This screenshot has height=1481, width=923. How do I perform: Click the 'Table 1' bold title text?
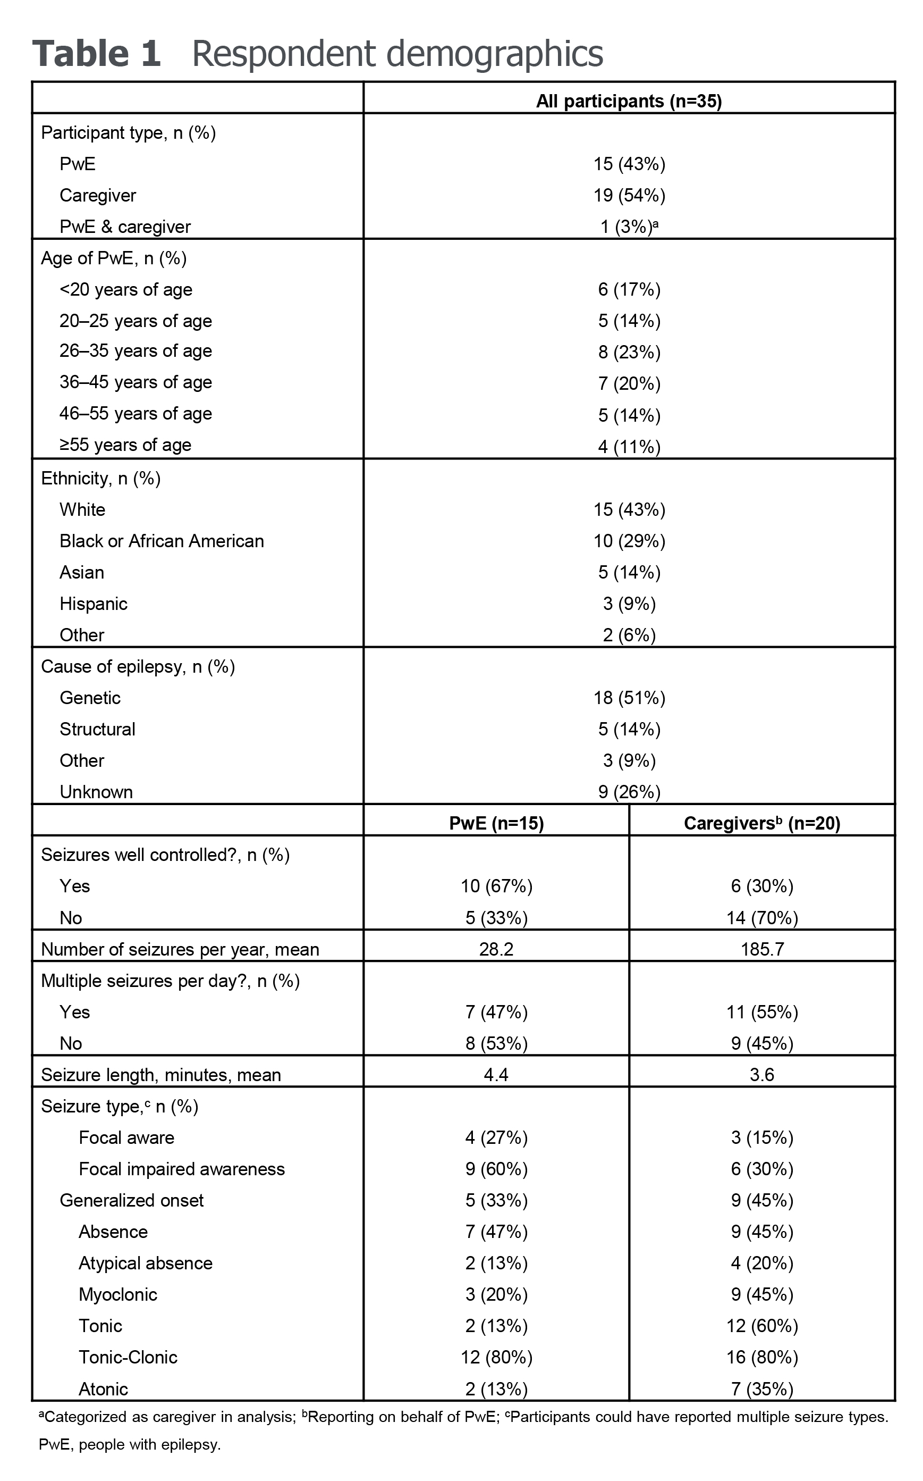coord(97,53)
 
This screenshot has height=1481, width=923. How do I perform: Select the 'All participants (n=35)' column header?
coord(629,101)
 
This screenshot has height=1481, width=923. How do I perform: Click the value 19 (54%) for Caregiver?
coord(629,196)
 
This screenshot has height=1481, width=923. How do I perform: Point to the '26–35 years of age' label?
coord(136,351)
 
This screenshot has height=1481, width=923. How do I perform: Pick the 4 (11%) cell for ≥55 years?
coord(629,447)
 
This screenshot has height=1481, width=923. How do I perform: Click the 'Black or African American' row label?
coord(161,541)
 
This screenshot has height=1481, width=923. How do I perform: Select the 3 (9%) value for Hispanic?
coord(629,604)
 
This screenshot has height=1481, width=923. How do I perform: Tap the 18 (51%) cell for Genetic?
coord(629,698)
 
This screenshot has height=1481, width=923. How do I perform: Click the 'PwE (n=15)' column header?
coord(496,823)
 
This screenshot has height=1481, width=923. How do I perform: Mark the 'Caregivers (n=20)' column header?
coord(761,823)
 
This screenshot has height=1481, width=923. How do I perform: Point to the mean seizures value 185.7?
coord(761,949)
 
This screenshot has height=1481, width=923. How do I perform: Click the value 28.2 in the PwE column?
coord(496,949)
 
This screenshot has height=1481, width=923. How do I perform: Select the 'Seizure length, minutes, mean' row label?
coord(160,1075)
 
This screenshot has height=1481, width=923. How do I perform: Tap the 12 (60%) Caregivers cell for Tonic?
coord(761,1326)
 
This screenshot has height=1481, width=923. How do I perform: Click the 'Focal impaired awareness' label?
coord(181,1169)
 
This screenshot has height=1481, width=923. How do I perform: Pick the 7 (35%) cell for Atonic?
coord(761,1389)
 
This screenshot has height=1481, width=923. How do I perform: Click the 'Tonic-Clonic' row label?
coord(128,1357)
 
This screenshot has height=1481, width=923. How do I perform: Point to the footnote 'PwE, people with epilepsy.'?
coord(130,1444)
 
